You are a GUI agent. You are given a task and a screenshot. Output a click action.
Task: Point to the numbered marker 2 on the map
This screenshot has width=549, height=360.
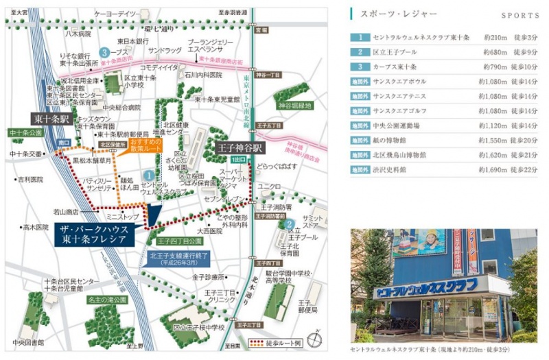(x=290, y=224)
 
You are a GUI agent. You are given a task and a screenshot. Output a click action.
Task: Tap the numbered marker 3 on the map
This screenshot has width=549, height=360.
(x=104, y=51)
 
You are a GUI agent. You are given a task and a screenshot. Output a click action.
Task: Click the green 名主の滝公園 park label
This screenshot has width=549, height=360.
(x=106, y=300)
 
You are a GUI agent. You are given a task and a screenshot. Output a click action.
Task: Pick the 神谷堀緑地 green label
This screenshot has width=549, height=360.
(x=295, y=106)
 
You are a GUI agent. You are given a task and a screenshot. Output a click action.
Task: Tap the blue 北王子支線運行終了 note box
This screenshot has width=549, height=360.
(x=173, y=259)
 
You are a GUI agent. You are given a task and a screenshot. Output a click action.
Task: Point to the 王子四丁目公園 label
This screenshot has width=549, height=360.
(x=179, y=242)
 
